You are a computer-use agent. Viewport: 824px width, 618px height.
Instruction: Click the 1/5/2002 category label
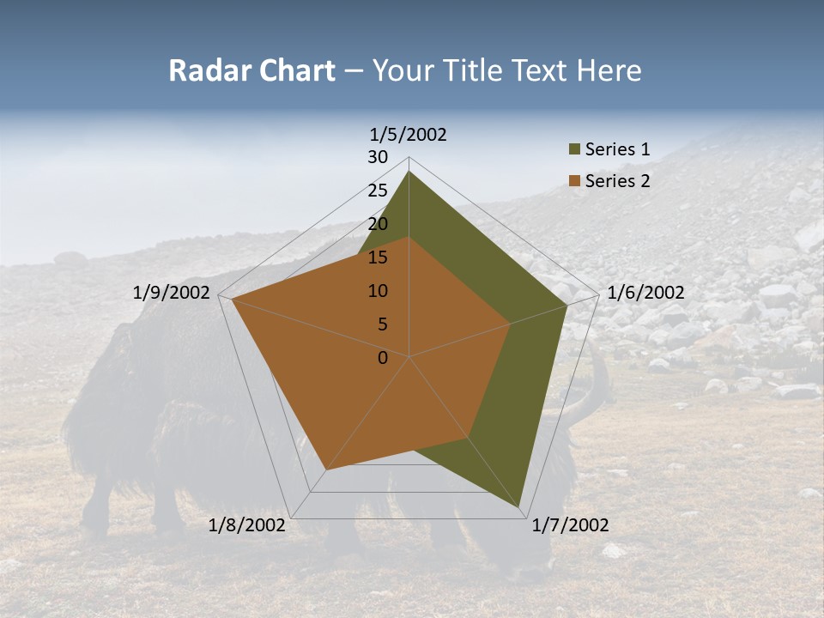pyautogui.click(x=409, y=135)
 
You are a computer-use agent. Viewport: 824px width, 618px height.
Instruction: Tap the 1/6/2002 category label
pyautogui.click(x=645, y=293)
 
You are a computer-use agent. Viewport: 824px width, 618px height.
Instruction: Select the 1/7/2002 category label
pyautogui.click(x=570, y=525)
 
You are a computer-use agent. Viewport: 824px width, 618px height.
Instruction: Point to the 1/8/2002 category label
pyautogui.click(x=246, y=525)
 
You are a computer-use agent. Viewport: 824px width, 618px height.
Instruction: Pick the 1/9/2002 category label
pyautogui.click(x=172, y=293)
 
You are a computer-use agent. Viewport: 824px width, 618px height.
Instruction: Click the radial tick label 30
pyautogui.click(x=378, y=157)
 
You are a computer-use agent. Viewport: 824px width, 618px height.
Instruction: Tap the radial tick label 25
pyautogui.click(x=378, y=191)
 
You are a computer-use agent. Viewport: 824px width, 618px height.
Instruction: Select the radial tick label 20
pyautogui.click(x=378, y=224)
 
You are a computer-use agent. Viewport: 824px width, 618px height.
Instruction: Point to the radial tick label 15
pyautogui.click(x=378, y=257)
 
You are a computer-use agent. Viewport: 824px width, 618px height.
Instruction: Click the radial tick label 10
pyautogui.click(x=378, y=291)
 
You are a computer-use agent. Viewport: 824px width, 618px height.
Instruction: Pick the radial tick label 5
pyautogui.click(x=382, y=324)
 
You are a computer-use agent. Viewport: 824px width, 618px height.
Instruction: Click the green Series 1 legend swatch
pyautogui.click(x=574, y=150)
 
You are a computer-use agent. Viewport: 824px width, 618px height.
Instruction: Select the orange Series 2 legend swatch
pyautogui.click(x=574, y=181)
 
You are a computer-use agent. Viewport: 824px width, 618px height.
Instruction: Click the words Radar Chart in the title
pyautogui.click(x=251, y=70)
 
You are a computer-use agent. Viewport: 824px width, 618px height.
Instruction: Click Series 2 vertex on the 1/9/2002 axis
pyautogui.click(x=232, y=300)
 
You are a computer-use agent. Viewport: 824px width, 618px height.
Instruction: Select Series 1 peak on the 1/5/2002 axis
pyautogui.click(x=409, y=172)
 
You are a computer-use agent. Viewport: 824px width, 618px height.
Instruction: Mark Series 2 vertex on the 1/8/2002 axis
pyautogui.click(x=326, y=470)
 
